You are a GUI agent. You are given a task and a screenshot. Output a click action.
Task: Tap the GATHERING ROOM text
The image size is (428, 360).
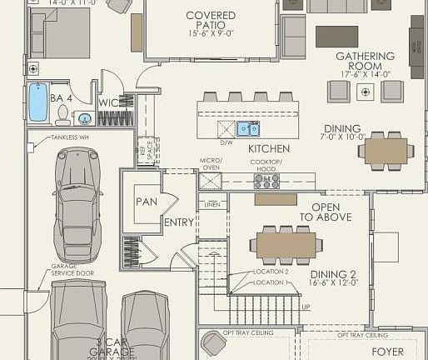point(359,61)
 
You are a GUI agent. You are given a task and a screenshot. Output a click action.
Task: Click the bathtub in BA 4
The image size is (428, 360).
point(38,102)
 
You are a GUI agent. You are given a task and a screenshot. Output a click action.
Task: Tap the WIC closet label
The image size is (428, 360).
point(109,102)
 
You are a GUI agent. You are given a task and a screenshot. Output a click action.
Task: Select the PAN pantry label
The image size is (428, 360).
point(147,201)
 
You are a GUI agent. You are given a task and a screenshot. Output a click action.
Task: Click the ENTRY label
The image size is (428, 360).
point(179,222)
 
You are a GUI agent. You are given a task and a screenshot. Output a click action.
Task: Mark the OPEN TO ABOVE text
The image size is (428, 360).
point(331,212)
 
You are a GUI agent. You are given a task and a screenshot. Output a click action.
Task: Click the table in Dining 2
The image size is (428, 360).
point(286,244)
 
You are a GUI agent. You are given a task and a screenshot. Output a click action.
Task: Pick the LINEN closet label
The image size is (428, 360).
point(212,203)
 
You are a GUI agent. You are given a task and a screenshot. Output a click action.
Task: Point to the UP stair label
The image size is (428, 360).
point(306,307)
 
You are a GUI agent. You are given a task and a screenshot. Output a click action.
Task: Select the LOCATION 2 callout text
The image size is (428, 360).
point(271,272)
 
